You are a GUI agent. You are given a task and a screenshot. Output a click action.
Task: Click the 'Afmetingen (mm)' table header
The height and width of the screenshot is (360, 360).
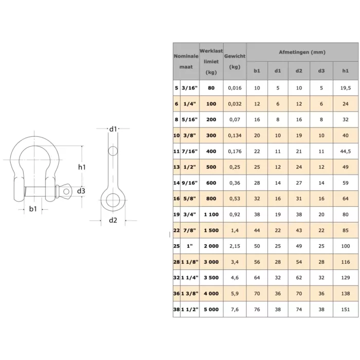[x=302, y=52]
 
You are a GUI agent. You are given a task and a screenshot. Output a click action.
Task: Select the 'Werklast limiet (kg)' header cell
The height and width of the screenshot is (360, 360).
[x=211, y=62]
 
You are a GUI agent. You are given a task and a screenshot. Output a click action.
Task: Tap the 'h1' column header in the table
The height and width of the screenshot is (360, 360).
[x=345, y=71]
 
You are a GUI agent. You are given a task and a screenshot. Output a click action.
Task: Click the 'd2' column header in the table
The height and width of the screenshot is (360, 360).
[x=299, y=71]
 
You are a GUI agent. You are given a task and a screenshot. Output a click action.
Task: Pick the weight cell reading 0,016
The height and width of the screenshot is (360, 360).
[x=235, y=88]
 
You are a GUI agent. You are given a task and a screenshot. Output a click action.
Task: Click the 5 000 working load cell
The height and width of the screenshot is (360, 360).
[x=211, y=310]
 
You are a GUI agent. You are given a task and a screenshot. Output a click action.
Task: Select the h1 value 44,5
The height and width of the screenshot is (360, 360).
[x=345, y=151]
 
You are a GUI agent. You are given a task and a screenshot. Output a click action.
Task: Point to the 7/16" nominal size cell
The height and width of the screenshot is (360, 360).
[x=189, y=151]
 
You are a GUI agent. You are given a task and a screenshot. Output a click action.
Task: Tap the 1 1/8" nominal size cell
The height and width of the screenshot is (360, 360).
[x=189, y=262]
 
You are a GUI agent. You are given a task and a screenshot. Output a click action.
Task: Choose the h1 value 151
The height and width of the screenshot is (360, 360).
[x=345, y=310]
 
